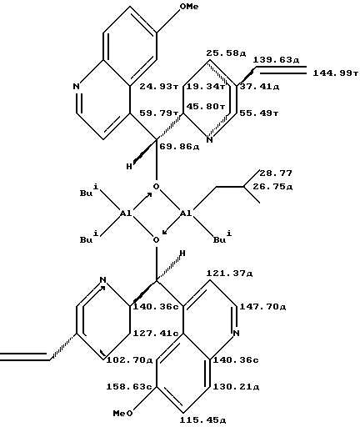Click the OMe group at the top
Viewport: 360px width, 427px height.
(x=189, y=7)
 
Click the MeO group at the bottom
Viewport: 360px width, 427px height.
(x=122, y=414)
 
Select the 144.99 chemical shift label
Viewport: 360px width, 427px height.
(x=336, y=73)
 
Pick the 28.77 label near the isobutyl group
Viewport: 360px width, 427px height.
(x=276, y=173)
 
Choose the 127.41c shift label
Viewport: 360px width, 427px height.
(x=156, y=334)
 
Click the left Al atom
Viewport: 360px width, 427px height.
(x=126, y=213)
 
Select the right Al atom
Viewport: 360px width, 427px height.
(x=186, y=213)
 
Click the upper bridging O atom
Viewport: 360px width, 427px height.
(x=157, y=187)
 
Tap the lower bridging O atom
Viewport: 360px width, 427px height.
(x=157, y=240)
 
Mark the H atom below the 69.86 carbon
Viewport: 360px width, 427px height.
(x=129, y=167)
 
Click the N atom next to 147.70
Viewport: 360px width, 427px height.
(x=237, y=333)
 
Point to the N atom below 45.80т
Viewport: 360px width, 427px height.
(x=210, y=140)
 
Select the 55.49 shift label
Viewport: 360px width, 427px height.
(x=259, y=113)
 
